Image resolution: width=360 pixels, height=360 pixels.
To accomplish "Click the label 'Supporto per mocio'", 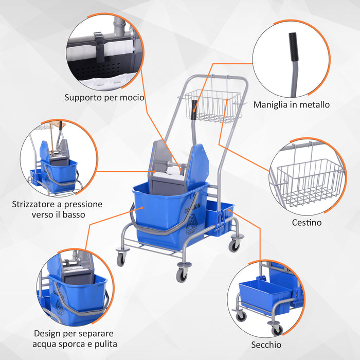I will tap(104, 97).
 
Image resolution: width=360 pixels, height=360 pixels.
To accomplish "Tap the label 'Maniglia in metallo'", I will tap(291, 104).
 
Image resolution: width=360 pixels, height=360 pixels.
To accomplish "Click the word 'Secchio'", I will tap(266, 344).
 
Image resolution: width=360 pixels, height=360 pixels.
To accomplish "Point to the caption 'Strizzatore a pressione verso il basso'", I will tap(57, 209).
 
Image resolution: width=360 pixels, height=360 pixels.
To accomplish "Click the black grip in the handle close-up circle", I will tap(293, 41).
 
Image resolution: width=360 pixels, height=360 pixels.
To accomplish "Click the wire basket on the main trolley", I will tap(209, 105).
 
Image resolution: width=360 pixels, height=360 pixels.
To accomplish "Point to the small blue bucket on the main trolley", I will tap(219, 219).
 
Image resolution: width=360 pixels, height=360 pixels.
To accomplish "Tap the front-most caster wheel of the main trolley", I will tap(182, 274).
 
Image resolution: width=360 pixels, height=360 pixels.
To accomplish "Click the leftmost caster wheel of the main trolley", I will tap(121, 259).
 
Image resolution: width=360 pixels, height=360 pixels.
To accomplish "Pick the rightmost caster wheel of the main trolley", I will tap(234, 246).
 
